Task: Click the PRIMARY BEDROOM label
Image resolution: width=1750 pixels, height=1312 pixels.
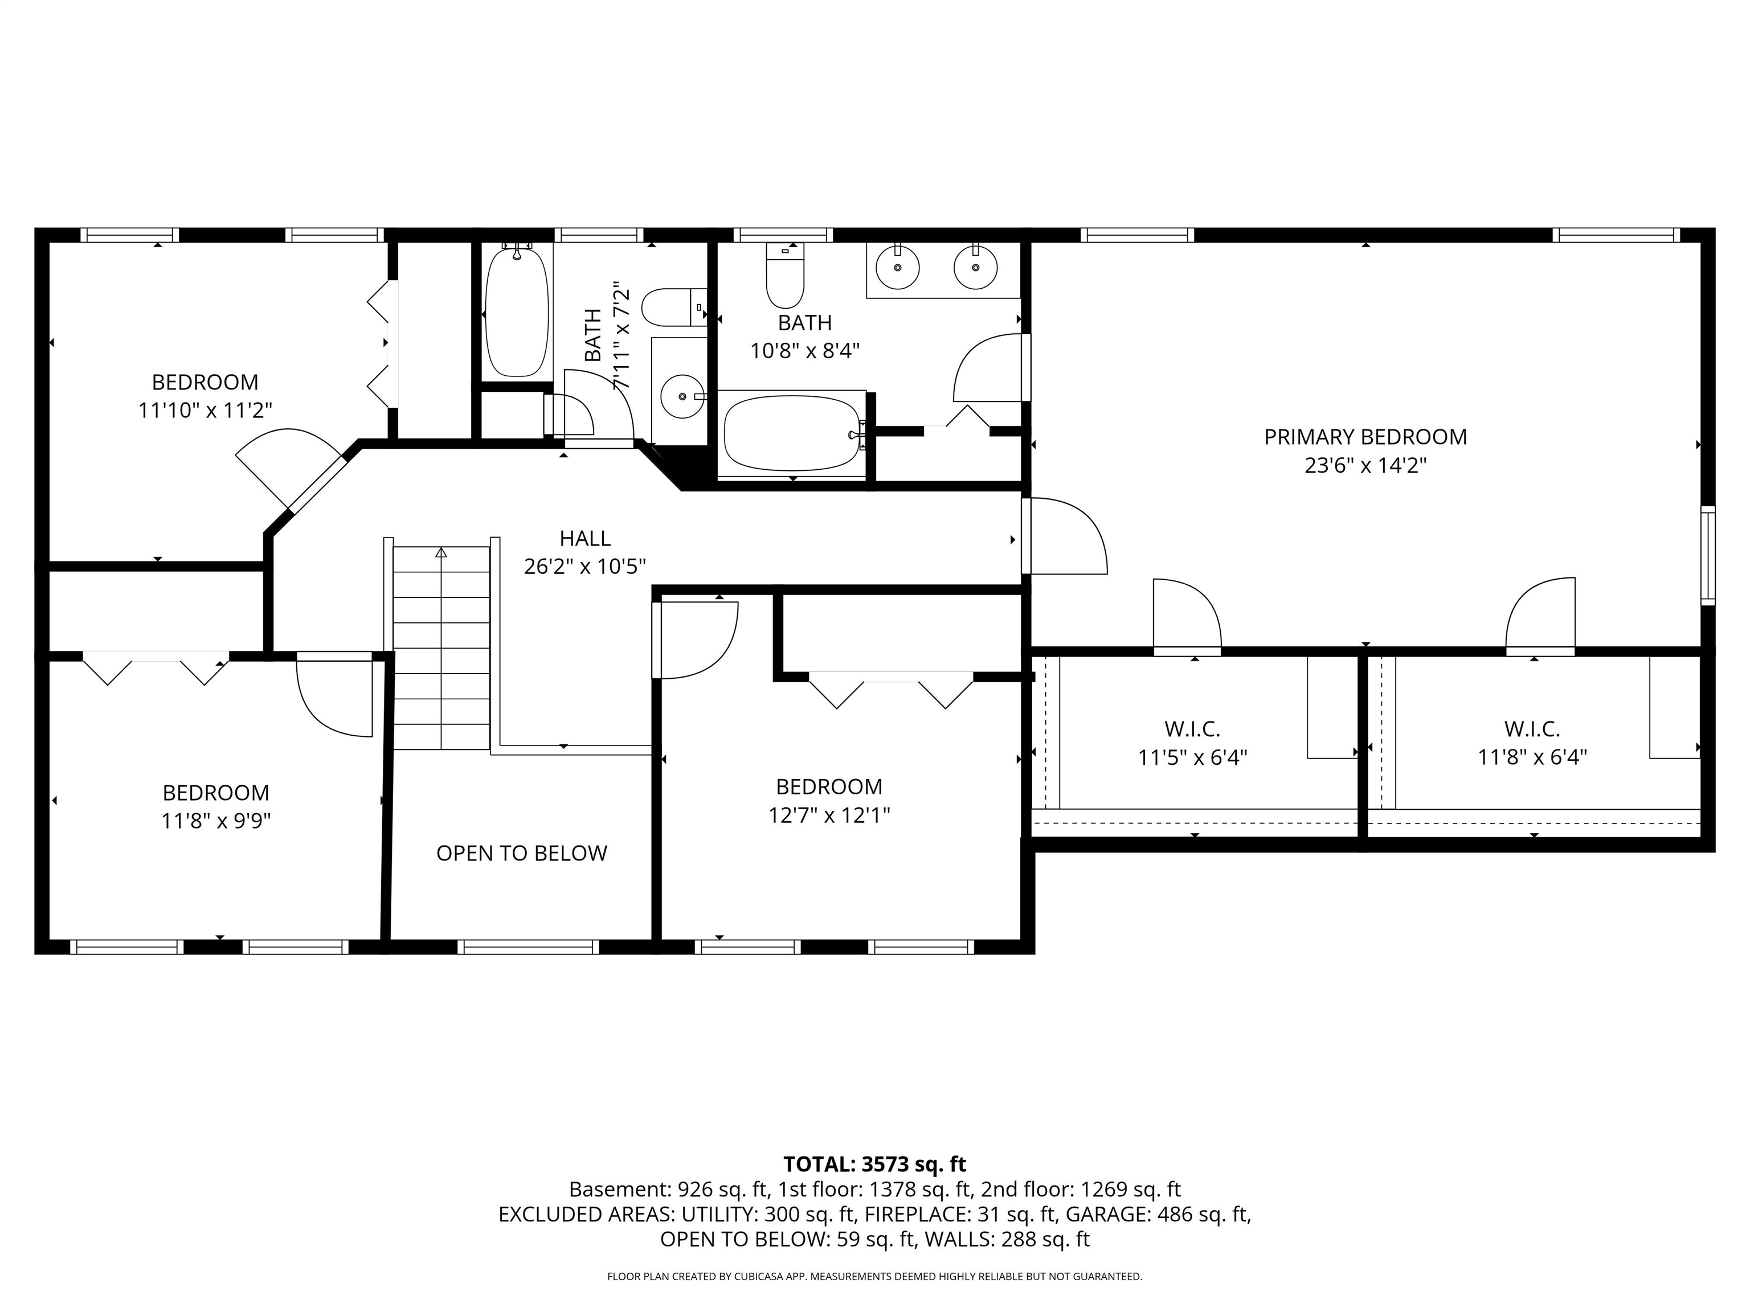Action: [1365, 437]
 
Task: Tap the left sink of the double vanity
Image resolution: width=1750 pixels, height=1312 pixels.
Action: [897, 266]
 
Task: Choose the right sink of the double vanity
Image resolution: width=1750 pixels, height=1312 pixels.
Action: [975, 266]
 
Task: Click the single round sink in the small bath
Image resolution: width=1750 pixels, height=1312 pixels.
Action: [681, 395]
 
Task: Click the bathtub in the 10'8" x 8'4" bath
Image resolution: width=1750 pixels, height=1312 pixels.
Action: [792, 433]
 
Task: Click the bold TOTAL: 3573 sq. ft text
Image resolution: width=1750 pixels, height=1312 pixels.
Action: [874, 1164]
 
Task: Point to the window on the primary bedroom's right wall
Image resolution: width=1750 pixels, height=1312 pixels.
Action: [1708, 555]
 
